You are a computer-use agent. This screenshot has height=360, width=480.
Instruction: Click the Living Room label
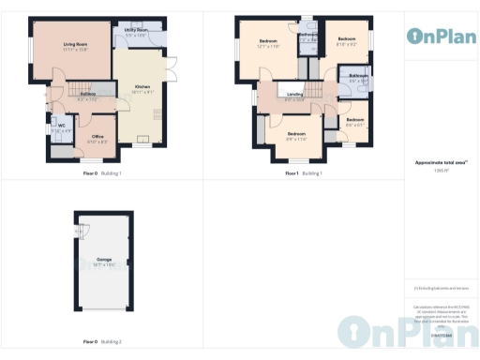[x=75, y=44]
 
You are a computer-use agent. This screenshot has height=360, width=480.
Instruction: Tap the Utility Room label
[x=136, y=30]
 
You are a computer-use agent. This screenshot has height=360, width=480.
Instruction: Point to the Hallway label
[x=87, y=95]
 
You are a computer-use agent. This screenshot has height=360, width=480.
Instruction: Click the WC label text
[x=60, y=125]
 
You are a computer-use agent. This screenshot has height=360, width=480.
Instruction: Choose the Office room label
[x=97, y=136]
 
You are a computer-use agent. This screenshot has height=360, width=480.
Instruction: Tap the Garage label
[x=104, y=259]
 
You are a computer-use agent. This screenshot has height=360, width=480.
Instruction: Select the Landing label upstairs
[x=294, y=95]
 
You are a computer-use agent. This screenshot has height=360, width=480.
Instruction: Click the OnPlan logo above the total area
[x=441, y=37]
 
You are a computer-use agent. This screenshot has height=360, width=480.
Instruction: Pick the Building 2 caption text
[x=112, y=342]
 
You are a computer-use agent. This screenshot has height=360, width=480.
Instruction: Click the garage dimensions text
[x=104, y=264]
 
